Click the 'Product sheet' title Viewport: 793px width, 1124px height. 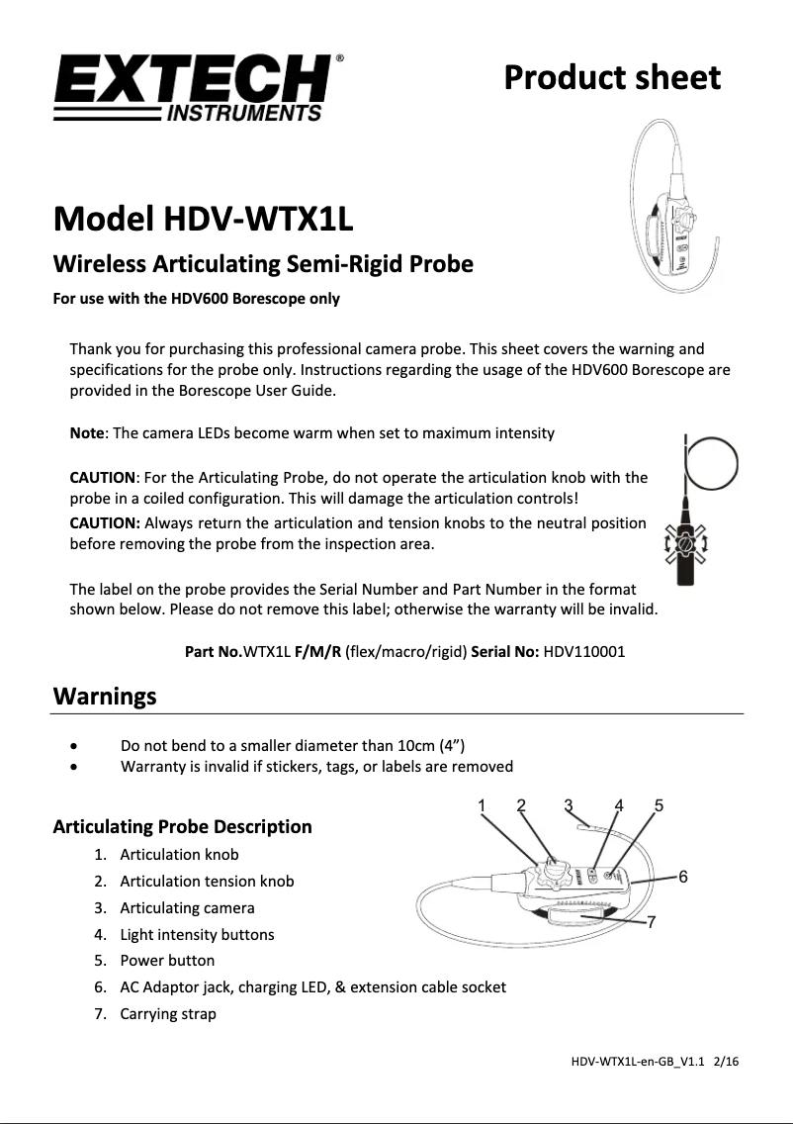[x=612, y=77]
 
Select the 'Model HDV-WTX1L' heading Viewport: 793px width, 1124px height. [x=202, y=219]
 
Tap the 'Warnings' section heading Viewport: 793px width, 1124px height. [x=104, y=697]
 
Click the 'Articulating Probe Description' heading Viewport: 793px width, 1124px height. [x=182, y=826]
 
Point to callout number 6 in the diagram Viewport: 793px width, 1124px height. [x=682, y=877]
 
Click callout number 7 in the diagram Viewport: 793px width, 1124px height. [x=652, y=922]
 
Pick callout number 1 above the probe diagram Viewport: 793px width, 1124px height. [x=482, y=805]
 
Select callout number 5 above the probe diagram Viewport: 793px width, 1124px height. [x=659, y=805]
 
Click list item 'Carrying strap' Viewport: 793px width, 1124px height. [x=168, y=1013]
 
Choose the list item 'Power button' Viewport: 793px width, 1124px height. [x=167, y=960]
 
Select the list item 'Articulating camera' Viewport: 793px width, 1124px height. [x=187, y=907]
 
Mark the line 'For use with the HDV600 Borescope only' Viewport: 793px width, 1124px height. [x=196, y=298]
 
